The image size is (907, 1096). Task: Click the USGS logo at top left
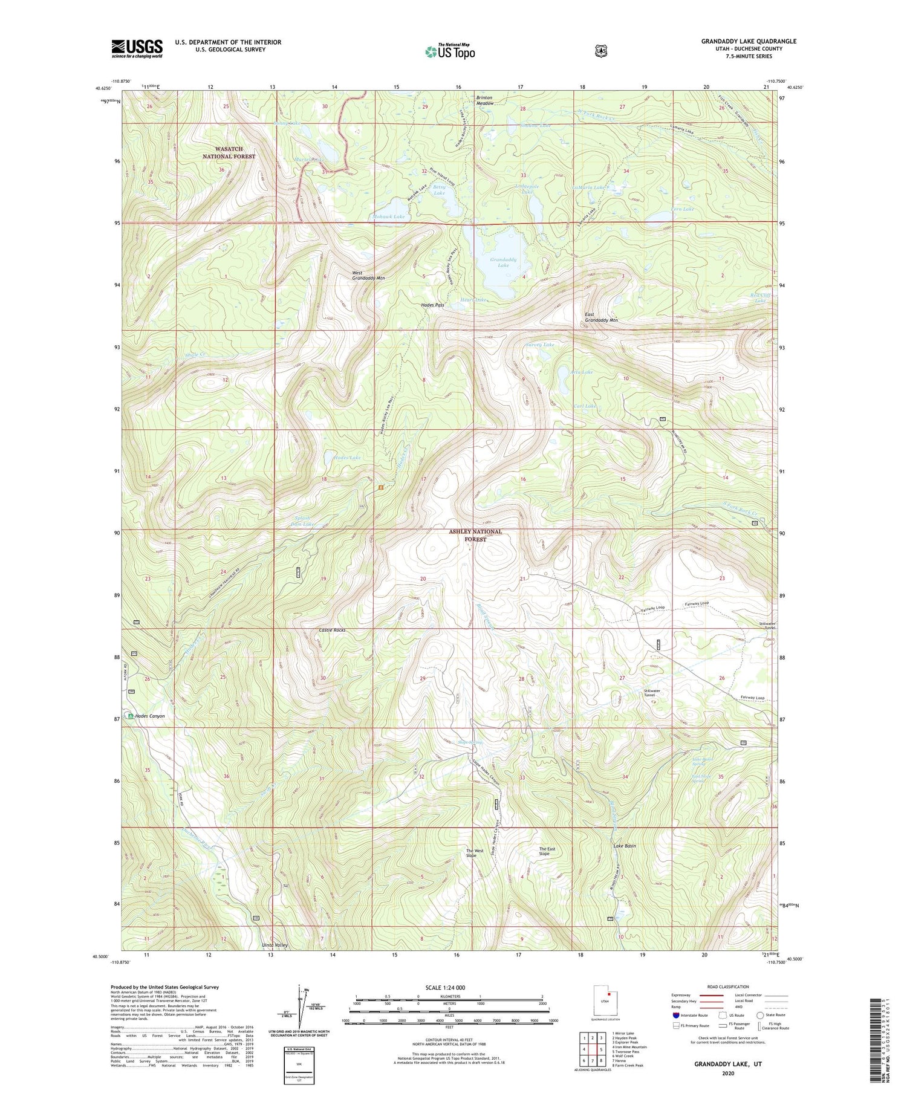pyautogui.click(x=137, y=48)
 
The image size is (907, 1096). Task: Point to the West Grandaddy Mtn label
pyautogui.click(x=368, y=275)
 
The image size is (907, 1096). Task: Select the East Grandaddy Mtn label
pyautogui.click(x=601, y=317)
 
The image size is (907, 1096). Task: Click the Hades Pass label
pyautogui.click(x=432, y=305)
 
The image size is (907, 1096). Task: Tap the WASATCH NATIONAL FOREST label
pyautogui.click(x=229, y=152)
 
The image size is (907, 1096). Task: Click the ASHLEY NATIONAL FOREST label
pyautogui.click(x=475, y=535)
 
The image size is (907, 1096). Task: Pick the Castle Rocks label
pyautogui.click(x=332, y=630)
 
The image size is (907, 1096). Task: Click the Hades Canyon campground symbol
pyautogui.click(x=131, y=716)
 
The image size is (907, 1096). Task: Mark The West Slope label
pyautogui.click(x=475, y=853)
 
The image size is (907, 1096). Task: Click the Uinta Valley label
pyautogui.click(x=274, y=945)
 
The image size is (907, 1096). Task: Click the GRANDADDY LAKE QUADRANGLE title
pyautogui.click(x=749, y=41)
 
